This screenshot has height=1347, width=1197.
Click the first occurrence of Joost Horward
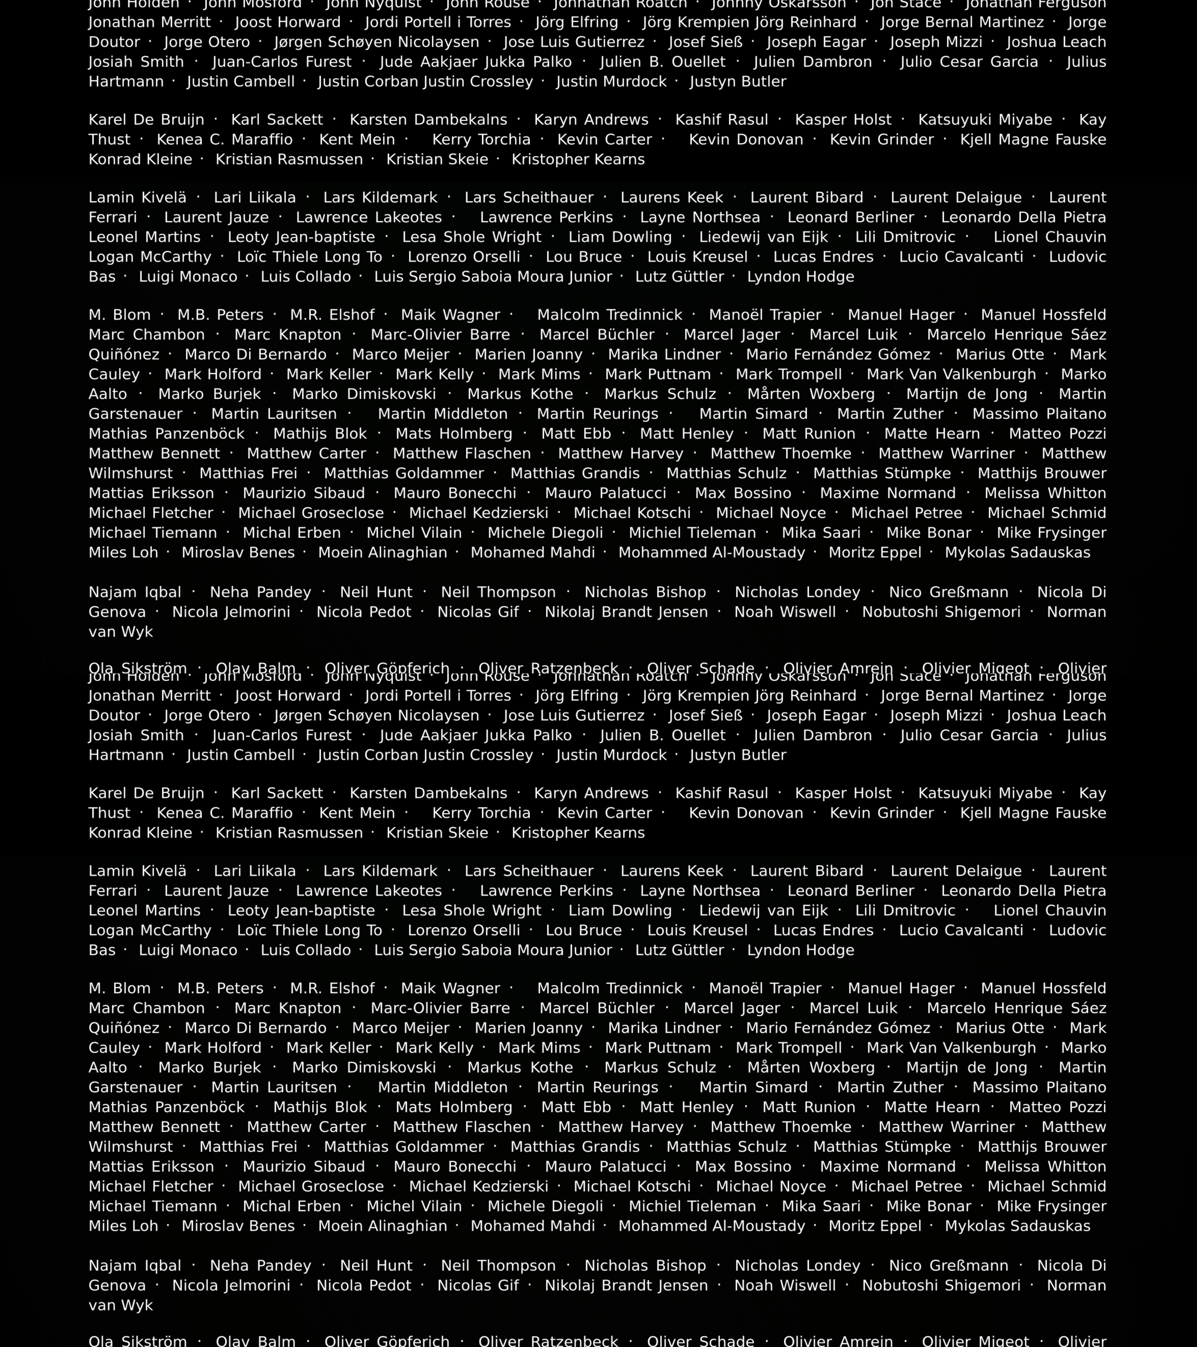coord(288,22)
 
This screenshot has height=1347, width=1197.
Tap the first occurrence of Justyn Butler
coord(738,82)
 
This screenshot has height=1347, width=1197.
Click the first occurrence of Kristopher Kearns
coord(578,160)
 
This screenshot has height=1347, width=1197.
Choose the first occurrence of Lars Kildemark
coord(380,198)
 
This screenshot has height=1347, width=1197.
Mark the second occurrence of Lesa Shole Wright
coord(472,911)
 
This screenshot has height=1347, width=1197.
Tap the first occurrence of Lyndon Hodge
coord(800,277)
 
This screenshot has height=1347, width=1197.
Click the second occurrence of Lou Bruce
coord(584,931)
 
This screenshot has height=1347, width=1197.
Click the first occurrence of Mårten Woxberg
coord(811,394)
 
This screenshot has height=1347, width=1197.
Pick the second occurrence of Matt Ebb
coord(576,1107)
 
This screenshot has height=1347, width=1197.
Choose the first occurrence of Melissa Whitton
coord(1045,493)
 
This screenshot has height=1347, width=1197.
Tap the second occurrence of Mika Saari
coord(821,1206)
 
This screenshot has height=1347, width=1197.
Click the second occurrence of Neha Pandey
coord(260,1265)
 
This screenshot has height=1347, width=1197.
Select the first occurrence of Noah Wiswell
coord(785,612)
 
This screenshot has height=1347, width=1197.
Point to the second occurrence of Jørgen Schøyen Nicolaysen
coord(376,716)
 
